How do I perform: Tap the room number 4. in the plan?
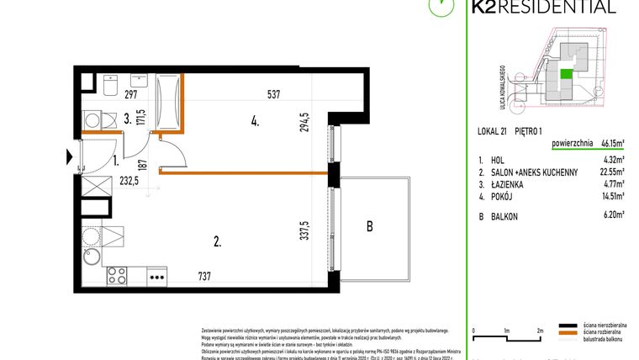coord(254,121)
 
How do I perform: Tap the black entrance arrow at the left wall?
coord(70,156)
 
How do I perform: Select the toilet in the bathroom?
coord(110,85)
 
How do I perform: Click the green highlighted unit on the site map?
coord(568,74)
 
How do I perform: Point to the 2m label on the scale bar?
coord(540,330)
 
